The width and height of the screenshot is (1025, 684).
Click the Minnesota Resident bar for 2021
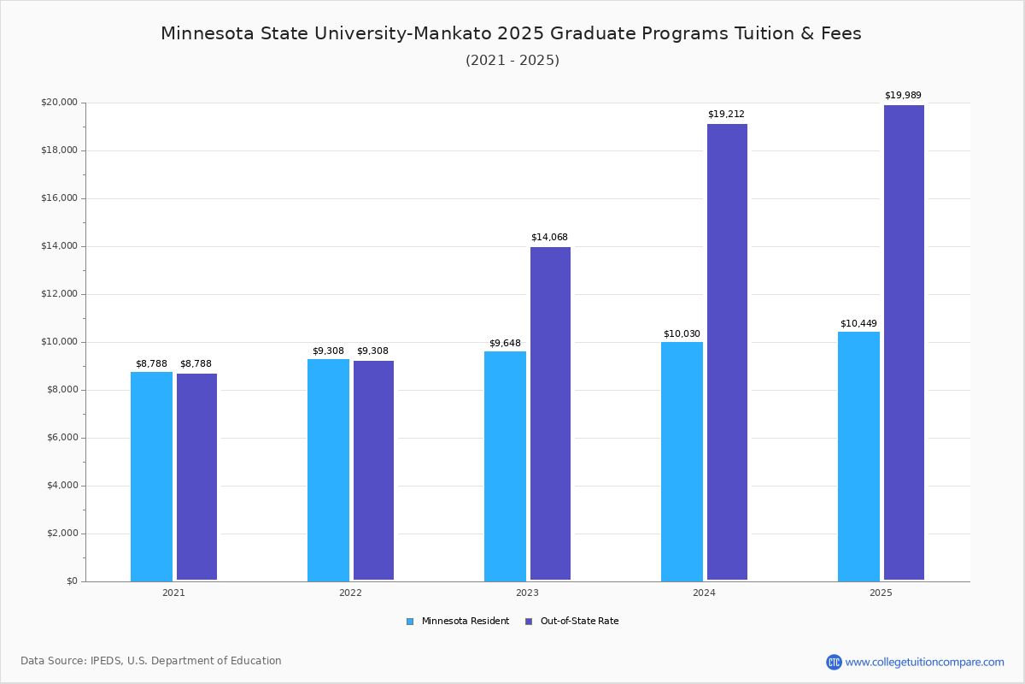tap(151, 476)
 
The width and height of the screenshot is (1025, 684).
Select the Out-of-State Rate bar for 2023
tap(550, 414)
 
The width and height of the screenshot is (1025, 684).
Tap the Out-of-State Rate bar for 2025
tap(904, 343)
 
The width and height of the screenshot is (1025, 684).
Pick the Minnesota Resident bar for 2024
tap(682, 462)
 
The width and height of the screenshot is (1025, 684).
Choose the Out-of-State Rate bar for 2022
tap(373, 470)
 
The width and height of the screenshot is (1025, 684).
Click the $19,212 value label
tap(726, 114)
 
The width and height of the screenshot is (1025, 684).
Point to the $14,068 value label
tap(549, 237)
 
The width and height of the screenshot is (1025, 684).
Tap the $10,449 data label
tap(858, 323)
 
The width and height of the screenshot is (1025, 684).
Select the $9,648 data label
tap(505, 343)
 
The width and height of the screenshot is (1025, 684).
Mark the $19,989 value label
tap(903, 95)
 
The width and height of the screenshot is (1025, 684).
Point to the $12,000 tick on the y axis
tap(59, 294)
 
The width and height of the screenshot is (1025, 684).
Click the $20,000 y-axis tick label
tap(59, 103)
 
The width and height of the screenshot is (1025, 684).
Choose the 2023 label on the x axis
tap(527, 593)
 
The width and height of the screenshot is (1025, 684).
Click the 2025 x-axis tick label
tap(881, 593)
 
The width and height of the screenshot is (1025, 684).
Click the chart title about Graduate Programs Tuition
tap(511, 33)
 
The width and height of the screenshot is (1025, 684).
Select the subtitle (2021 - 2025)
tap(512, 60)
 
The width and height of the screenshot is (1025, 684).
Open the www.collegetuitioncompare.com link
tap(924, 662)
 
